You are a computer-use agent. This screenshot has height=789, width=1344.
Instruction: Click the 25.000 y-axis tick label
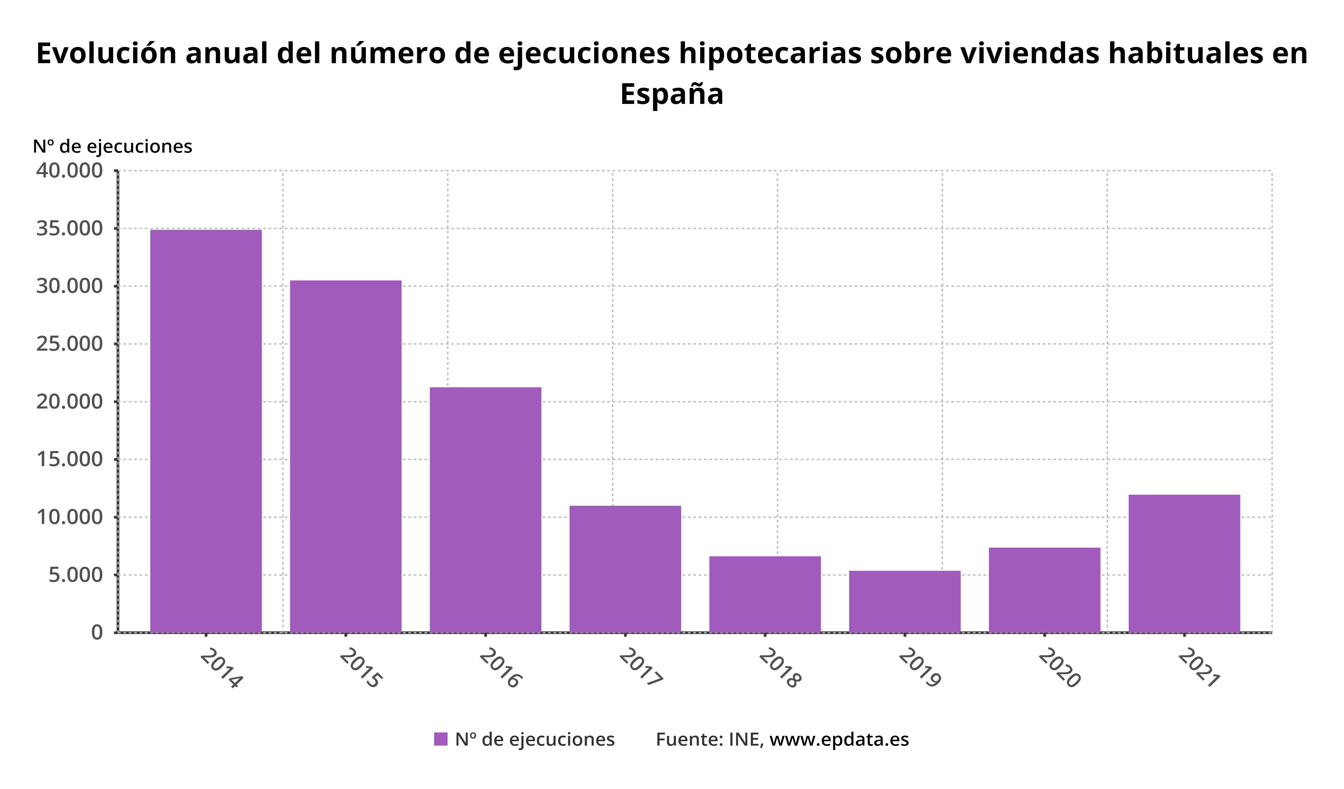point(69,344)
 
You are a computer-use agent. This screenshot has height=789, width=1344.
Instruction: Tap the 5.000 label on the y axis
point(76,575)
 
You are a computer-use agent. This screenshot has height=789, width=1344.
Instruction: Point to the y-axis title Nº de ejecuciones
point(112,146)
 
